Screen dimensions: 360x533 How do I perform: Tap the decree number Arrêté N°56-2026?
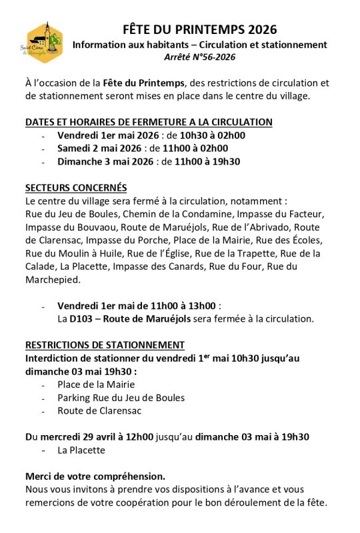199,57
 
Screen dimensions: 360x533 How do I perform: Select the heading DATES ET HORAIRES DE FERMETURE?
149,122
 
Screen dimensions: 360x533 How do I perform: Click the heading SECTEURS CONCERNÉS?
76,187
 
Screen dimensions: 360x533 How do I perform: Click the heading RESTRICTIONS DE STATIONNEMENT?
105,344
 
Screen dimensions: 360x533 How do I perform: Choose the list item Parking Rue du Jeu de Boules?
121,397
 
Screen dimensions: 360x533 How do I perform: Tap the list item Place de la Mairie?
96,384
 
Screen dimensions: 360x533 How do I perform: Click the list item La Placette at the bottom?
81,450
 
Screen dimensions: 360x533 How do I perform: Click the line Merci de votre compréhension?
95,476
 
